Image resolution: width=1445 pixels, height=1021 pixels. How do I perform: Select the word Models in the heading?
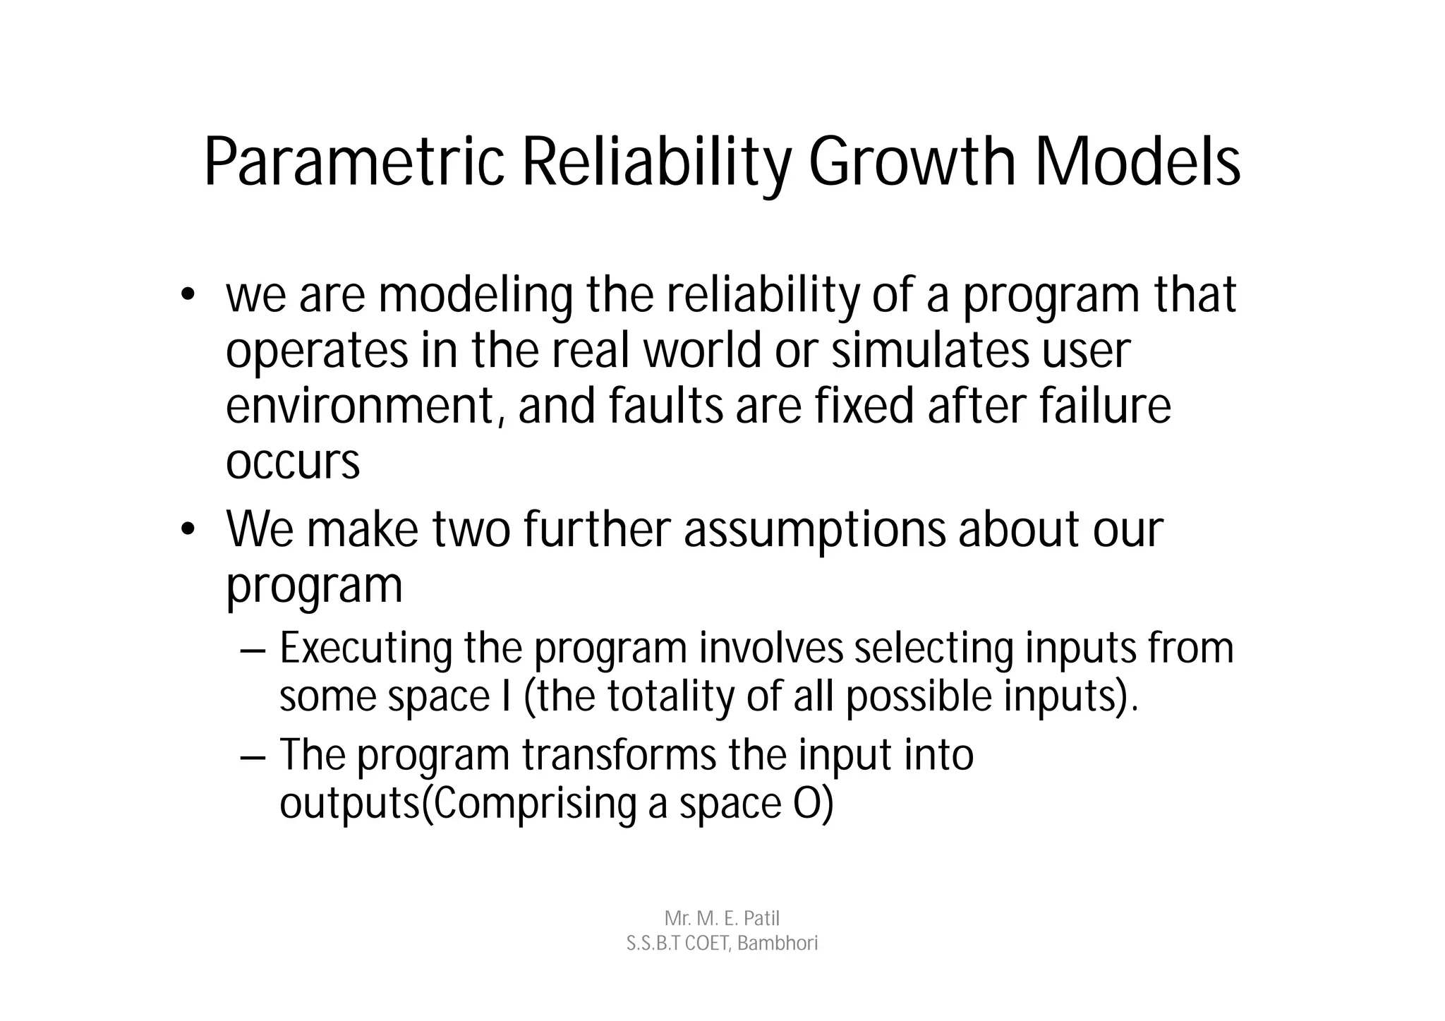point(1137,164)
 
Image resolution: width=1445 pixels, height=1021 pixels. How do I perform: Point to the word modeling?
point(476,296)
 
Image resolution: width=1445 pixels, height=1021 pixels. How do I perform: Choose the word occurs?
point(293,462)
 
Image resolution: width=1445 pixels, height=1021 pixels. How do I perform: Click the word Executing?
point(365,648)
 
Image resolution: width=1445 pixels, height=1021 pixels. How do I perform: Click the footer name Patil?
point(761,919)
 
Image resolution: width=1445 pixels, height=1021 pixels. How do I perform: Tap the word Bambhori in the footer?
point(778,943)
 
